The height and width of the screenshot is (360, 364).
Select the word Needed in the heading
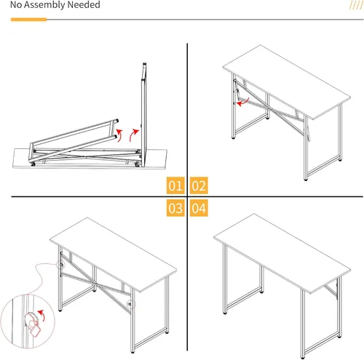click(82, 6)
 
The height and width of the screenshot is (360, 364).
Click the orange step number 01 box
click(175, 185)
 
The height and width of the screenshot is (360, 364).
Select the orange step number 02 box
click(199, 185)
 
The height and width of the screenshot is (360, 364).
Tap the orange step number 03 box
click(175, 209)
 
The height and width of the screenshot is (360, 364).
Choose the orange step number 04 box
click(199, 209)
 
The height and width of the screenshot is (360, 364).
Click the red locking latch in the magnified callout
click(32, 321)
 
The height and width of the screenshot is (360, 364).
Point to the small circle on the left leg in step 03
click(61, 266)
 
